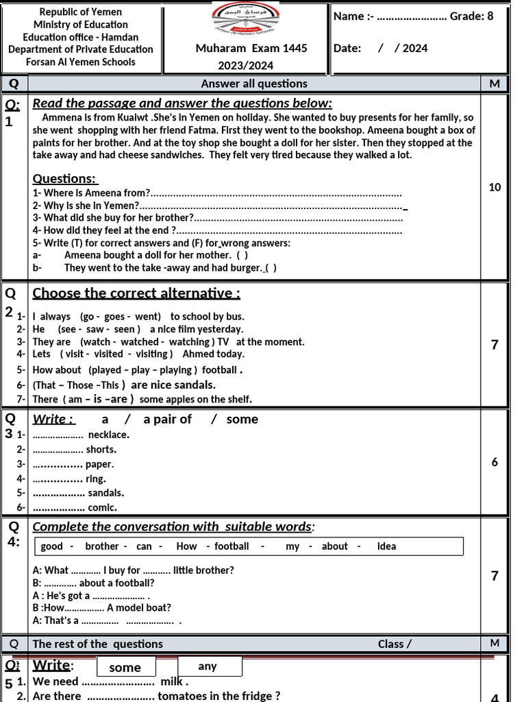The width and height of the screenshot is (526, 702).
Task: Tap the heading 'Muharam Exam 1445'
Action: [x=251, y=48]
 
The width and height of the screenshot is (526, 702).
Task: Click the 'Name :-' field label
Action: [x=353, y=16]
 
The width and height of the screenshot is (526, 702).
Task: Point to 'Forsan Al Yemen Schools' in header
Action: [x=80, y=62]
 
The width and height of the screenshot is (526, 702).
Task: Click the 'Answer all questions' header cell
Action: [x=254, y=84]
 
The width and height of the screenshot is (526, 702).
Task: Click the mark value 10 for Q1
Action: [x=494, y=187]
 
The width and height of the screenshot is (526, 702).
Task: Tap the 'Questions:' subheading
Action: [x=65, y=178]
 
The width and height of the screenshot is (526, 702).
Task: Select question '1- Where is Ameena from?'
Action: [x=92, y=193]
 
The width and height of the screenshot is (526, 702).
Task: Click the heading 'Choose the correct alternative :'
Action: [x=136, y=293]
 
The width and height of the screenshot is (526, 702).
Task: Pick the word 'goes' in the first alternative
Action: [x=115, y=317]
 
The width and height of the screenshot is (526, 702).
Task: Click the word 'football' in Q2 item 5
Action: [x=218, y=370]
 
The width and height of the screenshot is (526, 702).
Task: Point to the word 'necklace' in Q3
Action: [x=109, y=435]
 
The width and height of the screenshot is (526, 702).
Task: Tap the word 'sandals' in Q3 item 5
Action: [x=106, y=493]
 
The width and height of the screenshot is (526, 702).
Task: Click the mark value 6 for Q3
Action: [x=494, y=462]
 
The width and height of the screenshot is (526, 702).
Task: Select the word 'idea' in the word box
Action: [x=386, y=546]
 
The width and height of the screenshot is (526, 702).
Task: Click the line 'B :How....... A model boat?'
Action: [x=102, y=607]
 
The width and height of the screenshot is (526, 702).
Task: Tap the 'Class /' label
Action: [x=394, y=644]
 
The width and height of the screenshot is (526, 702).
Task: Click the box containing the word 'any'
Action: [x=208, y=666]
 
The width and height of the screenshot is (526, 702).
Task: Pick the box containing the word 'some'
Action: [x=125, y=668]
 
